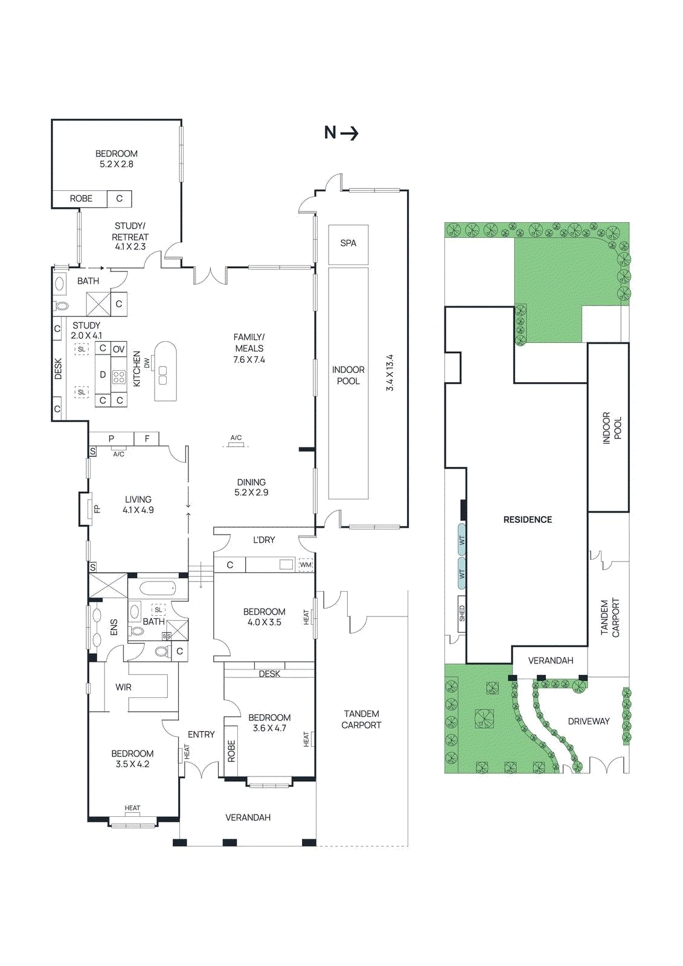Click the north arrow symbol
pyautogui.click(x=342, y=133)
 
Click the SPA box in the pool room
pyautogui.click(x=348, y=244)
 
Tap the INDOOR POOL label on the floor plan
pyautogui.click(x=348, y=375)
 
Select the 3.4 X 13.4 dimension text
pyautogui.click(x=390, y=373)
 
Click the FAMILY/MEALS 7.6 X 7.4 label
pyautogui.click(x=249, y=348)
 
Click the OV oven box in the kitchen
pyautogui.click(x=119, y=349)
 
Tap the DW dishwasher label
pyautogui.click(x=147, y=363)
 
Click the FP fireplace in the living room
pyautogui.click(x=96, y=509)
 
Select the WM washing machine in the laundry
pyautogui.click(x=306, y=565)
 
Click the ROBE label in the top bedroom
pyautogui.click(x=81, y=199)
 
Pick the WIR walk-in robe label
pyautogui.click(x=123, y=687)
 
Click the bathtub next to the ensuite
pyautogui.click(x=157, y=587)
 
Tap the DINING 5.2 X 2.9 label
pyautogui.click(x=251, y=487)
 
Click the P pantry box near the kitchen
pyautogui.click(x=111, y=439)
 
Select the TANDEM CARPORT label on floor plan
pyautogui.click(x=361, y=719)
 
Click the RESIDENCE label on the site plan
pyautogui.click(x=527, y=519)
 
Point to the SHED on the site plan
pyautogui.click(x=462, y=614)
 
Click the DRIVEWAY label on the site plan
pyautogui.click(x=588, y=721)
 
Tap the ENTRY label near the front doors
pyautogui.click(x=201, y=734)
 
